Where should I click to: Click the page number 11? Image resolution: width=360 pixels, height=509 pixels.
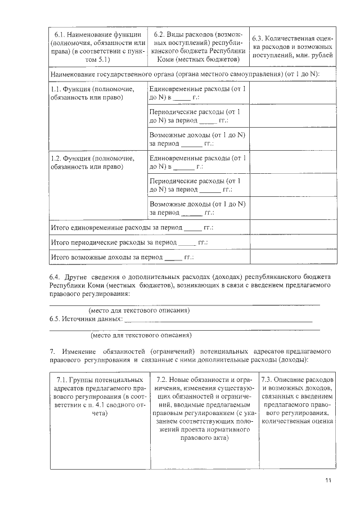(x=329, y=480)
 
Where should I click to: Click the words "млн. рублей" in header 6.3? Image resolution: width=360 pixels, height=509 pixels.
(x=317, y=55)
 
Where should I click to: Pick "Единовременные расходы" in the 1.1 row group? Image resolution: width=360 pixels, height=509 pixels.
(x=197, y=94)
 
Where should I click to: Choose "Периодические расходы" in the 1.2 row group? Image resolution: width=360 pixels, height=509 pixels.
(x=197, y=186)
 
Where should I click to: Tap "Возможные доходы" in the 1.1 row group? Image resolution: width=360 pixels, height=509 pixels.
(x=197, y=139)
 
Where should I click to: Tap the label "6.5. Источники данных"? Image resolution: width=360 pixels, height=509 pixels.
(x=85, y=319)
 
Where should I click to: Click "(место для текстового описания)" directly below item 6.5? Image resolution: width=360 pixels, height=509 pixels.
(x=141, y=336)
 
